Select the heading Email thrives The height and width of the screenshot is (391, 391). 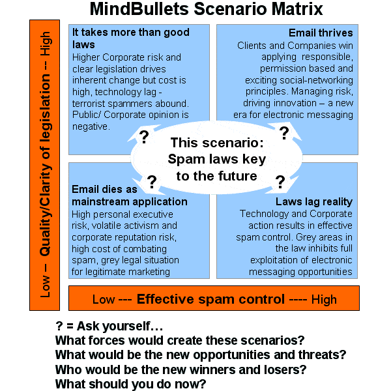coord(321,33)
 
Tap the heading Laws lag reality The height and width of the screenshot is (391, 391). coord(313,201)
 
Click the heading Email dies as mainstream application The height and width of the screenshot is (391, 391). coord(129,195)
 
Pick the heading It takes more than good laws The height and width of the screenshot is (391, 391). coord(130,38)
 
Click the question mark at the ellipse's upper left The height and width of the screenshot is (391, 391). coord(144,136)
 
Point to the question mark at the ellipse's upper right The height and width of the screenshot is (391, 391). coord(284,133)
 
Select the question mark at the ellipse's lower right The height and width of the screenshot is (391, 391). coord(280,181)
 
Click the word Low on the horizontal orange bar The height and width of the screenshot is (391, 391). coord(104,299)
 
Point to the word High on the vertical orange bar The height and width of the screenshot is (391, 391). coord(45,46)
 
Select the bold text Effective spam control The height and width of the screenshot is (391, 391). coord(210,299)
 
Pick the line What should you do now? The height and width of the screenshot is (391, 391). coord(130,384)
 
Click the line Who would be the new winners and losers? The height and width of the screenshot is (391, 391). coord(181,369)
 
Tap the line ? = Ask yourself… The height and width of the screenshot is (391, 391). coord(110,326)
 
